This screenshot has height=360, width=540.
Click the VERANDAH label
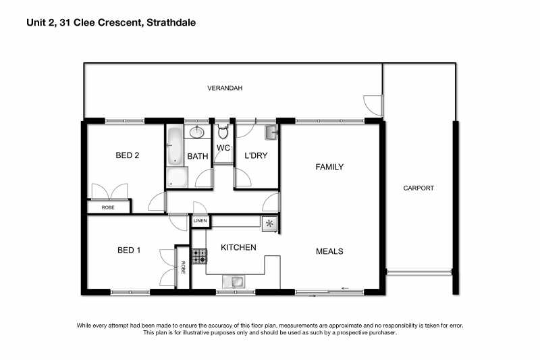click(x=225, y=88)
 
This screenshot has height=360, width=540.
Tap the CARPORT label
click(x=418, y=188)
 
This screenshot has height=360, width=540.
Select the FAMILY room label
click(x=329, y=167)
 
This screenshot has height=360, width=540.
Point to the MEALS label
click(x=329, y=251)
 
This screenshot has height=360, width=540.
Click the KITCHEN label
click(x=238, y=247)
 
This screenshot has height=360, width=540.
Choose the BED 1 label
click(x=129, y=250)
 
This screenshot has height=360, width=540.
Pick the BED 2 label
click(x=128, y=155)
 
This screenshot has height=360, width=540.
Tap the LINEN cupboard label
click(x=200, y=220)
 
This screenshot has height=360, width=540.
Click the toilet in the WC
click(x=223, y=131)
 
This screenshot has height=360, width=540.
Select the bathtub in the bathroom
click(x=175, y=145)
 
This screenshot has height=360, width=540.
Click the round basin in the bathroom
click(x=196, y=132)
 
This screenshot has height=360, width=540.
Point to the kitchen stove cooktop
click(x=199, y=256)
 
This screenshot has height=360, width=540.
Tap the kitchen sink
click(x=234, y=282)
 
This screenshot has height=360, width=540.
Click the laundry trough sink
click(x=271, y=132)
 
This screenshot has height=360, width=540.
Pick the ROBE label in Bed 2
click(x=108, y=207)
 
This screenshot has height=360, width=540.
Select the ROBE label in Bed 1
click(x=183, y=267)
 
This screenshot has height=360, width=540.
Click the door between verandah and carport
click(x=373, y=105)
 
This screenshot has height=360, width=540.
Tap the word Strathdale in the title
click(x=171, y=23)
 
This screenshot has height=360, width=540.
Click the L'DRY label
click(x=256, y=156)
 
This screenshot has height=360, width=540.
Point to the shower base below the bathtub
click(x=177, y=178)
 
